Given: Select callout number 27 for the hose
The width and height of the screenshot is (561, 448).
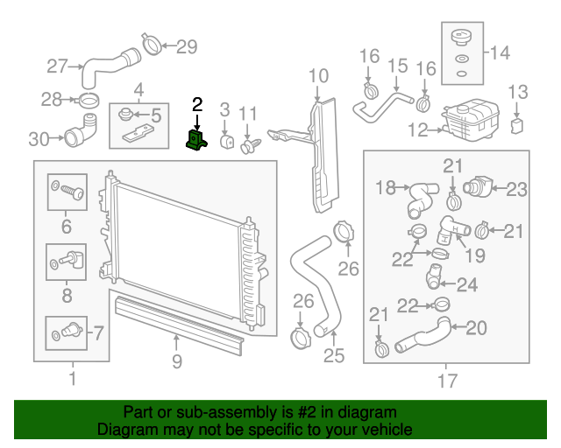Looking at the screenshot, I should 57,66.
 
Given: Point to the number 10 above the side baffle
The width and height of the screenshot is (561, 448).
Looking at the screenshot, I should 318,75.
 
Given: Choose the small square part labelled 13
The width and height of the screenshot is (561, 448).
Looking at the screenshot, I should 516,125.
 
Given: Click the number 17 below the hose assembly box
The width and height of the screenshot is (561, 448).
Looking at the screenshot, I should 447,381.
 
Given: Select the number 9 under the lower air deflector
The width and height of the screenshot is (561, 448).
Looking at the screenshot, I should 176,359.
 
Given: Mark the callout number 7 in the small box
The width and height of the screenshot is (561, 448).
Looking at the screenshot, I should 97,332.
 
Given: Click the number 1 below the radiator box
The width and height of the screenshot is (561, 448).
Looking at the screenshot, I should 72,380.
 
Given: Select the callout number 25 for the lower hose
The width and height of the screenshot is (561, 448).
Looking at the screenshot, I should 334,355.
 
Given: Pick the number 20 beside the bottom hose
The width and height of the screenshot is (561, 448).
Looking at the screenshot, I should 476,328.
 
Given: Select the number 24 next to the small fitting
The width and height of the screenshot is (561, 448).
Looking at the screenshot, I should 467,283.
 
